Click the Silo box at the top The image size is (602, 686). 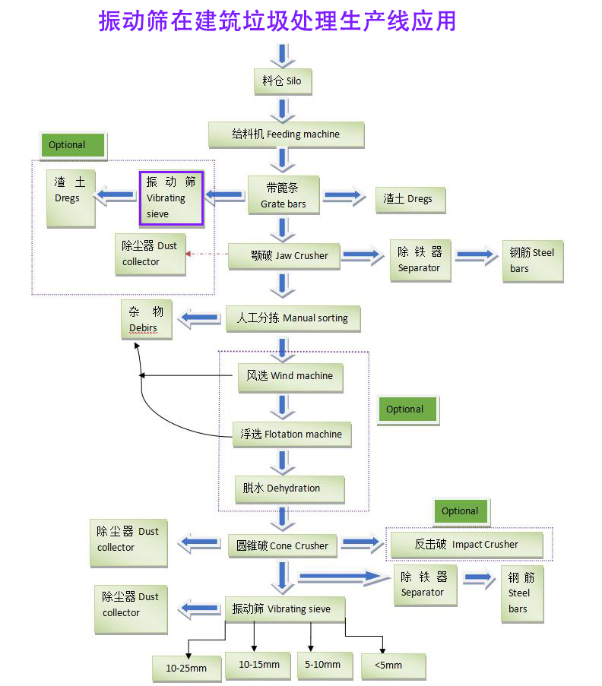coord(282,81)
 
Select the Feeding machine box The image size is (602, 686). coord(286,134)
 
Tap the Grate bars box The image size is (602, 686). coord(284,196)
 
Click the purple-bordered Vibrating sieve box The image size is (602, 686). coord(171,198)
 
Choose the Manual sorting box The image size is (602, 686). coord(292,318)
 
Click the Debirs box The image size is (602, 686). coord(147,319)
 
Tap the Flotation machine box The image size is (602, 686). coord(292,435)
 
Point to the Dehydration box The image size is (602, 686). coord(289,488)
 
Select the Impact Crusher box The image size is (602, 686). coord(466,545)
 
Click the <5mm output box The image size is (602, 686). coord(392,665)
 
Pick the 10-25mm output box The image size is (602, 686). coord(186,668)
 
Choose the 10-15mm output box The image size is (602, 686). coord(258,665)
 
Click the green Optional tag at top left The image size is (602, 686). coord(73,145)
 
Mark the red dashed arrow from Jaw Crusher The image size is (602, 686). coord(207,254)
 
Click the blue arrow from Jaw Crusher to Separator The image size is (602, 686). coord(363,256)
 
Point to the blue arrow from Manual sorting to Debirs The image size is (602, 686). coord(198,318)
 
